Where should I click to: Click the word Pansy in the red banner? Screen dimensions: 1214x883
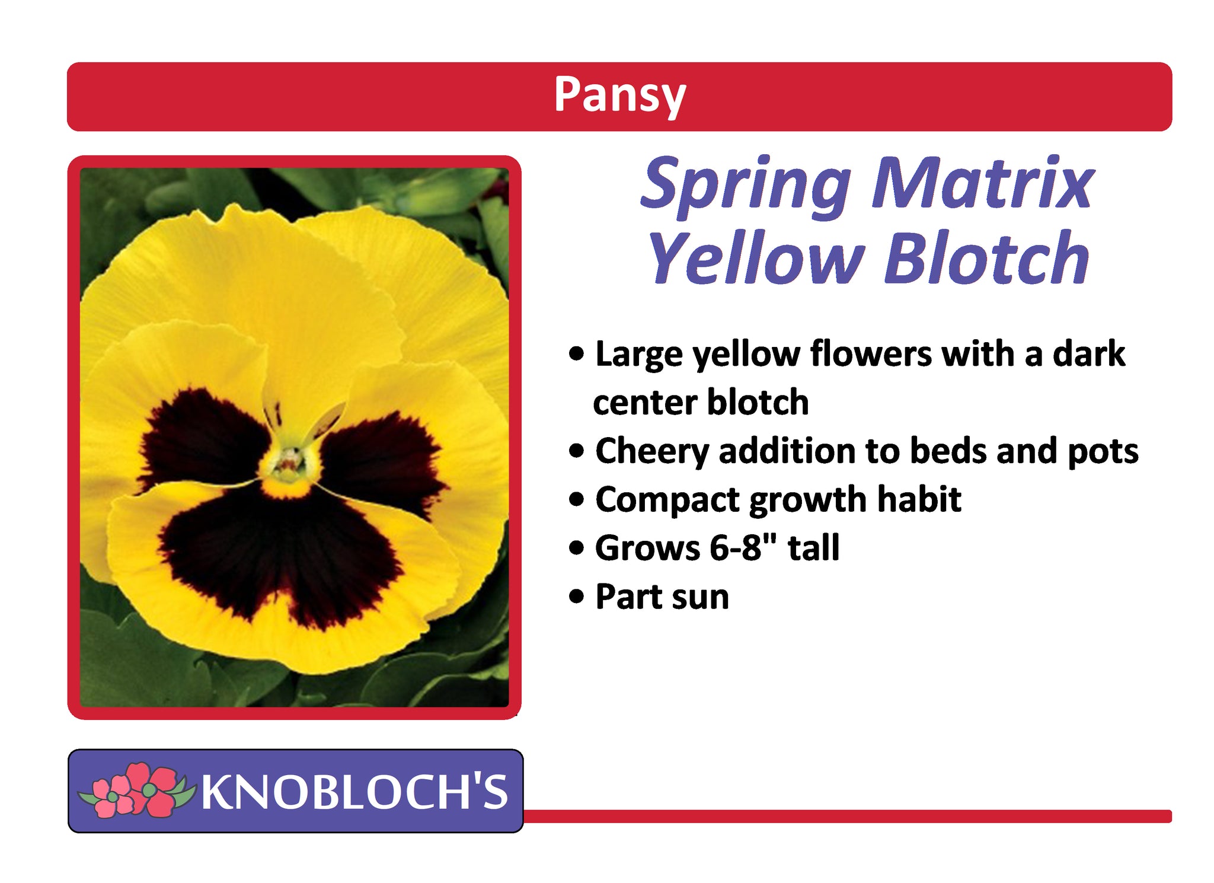click(x=619, y=96)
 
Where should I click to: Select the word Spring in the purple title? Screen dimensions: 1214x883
click(x=746, y=186)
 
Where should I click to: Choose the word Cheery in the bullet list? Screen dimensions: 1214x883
click(x=652, y=452)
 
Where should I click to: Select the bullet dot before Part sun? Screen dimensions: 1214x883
click(x=576, y=597)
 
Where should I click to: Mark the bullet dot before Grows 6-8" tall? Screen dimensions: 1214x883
click(x=576, y=548)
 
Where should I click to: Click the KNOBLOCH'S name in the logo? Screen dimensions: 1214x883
click(x=354, y=791)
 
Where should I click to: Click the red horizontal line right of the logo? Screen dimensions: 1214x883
click(x=848, y=816)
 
